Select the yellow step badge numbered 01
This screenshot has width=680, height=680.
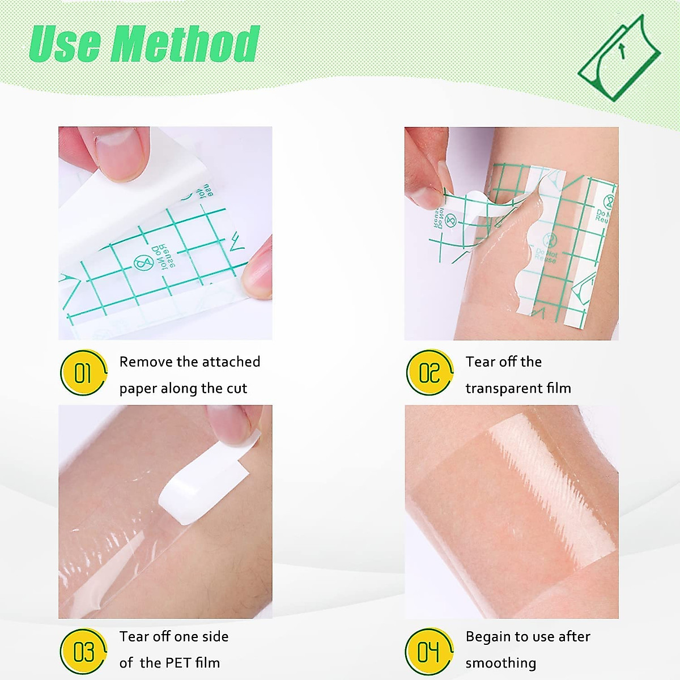[83, 373]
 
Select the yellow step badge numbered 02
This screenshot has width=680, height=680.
[430, 373]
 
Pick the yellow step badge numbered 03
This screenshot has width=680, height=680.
[83, 652]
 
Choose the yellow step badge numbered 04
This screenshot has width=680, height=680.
[429, 652]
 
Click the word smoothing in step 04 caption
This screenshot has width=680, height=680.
[500, 663]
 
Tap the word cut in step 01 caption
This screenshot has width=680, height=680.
[237, 388]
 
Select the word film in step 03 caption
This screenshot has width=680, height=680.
[207, 662]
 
